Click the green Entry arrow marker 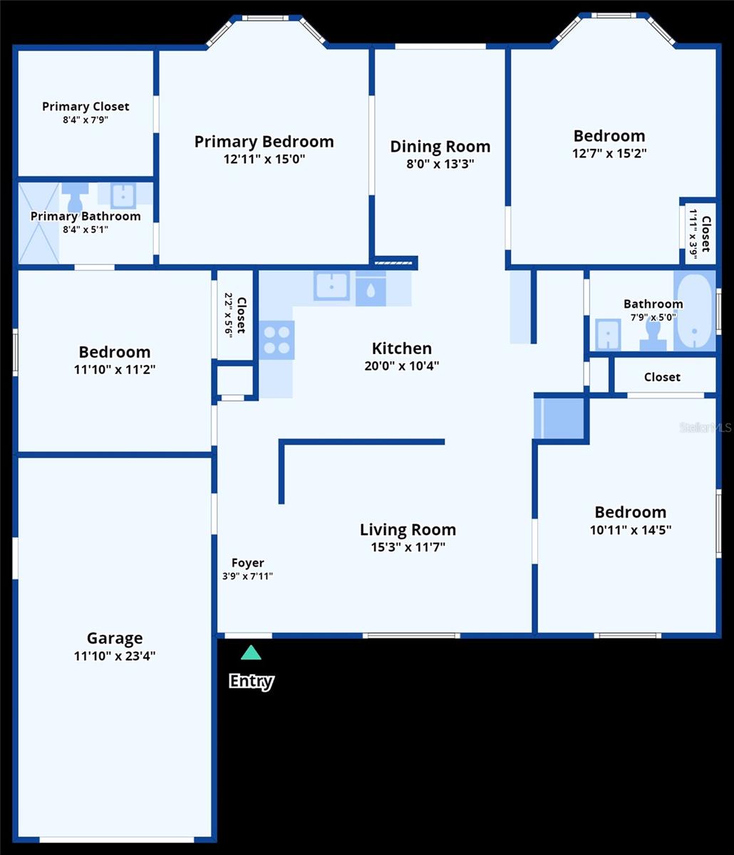[250, 653]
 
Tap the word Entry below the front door [251, 681]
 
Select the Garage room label [115, 638]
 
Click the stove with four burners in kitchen [276, 340]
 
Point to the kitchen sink [331, 286]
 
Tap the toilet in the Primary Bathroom [75, 197]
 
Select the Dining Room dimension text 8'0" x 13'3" [440, 163]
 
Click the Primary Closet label [86, 107]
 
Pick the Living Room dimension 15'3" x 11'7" [408, 547]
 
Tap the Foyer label [248, 563]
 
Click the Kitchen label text [402, 348]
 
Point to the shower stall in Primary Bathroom [38, 223]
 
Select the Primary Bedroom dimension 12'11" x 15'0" [264, 159]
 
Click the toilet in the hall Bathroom [653, 336]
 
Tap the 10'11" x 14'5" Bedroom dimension [631, 529]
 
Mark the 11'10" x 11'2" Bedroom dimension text [115, 369]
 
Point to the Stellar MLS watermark [705, 427]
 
